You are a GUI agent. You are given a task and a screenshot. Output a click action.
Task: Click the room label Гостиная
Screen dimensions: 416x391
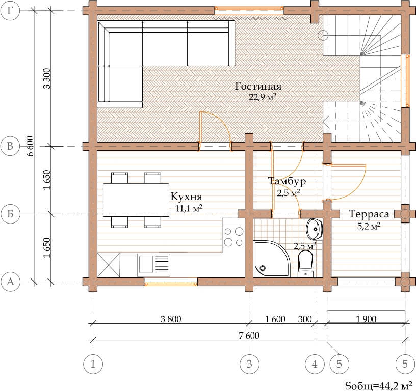click(x=258, y=87)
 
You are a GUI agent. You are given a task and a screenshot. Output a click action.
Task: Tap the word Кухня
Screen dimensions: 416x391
click(x=186, y=197)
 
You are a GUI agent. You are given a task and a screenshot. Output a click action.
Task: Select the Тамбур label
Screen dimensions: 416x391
click(x=287, y=181)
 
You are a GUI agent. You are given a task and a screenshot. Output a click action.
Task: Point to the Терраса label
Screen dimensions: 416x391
click(x=369, y=214)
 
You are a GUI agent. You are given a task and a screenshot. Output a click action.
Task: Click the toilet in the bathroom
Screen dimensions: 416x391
click(x=305, y=264)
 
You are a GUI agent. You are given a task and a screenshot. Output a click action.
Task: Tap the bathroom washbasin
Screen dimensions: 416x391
click(x=315, y=229)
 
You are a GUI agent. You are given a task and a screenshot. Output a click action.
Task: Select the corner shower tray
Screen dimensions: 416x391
click(x=271, y=259)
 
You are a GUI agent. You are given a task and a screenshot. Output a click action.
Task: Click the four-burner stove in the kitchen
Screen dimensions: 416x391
click(x=233, y=236)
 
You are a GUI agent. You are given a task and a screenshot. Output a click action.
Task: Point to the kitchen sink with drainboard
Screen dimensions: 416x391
click(x=153, y=265)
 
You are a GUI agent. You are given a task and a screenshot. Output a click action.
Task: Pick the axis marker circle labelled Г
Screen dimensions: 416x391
click(x=10, y=11)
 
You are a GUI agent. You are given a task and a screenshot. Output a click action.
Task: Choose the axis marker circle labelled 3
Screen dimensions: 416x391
click(x=249, y=364)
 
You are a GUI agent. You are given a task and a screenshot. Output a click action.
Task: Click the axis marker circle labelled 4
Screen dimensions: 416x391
click(x=315, y=364)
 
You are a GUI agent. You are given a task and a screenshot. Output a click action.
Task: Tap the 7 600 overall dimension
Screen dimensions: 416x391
click(x=249, y=336)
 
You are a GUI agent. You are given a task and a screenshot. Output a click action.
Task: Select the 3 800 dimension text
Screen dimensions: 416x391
click(x=171, y=319)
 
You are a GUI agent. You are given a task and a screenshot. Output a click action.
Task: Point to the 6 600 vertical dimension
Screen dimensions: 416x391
click(x=31, y=146)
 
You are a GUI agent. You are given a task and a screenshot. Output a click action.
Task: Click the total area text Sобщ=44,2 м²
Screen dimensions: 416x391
click(x=380, y=385)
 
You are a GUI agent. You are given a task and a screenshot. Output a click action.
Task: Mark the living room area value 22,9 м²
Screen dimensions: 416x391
click(x=263, y=97)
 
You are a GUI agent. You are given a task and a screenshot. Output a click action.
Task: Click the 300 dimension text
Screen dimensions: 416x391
click(x=304, y=319)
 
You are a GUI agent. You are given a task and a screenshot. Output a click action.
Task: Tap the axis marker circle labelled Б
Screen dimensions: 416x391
click(x=10, y=214)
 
